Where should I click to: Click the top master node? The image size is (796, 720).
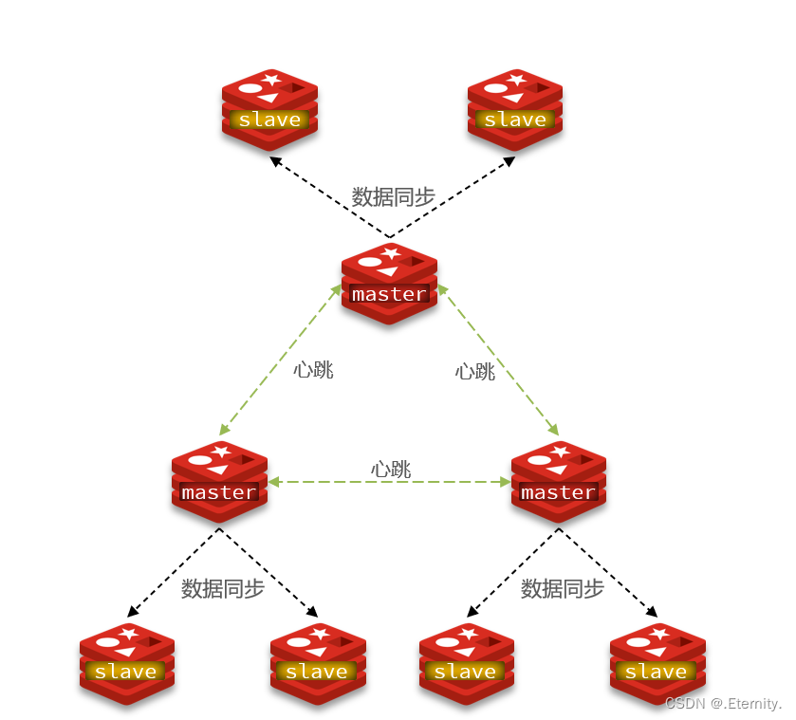pyautogui.click(x=389, y=284)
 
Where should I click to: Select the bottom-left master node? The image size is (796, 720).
pyautogui.click(x=219, y=482)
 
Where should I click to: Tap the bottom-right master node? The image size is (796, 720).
pyautogui.click(x=559, y=482)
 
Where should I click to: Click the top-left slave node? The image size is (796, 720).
pyautogui.click(x=269, y=109)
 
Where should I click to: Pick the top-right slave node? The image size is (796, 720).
pyautogui.click(x=515, y=109)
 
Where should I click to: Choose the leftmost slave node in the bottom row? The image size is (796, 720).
pyautogui.click(x=127, y=662)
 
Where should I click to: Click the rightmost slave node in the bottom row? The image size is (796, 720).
pyautogui.click(x=657, y=662)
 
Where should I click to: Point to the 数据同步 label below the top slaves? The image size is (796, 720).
pyautogui.click(x=393, y=197)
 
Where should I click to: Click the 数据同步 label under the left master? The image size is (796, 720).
pyautogui.click(x=223, y=589)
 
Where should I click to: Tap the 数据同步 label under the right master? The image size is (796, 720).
pyautogui.click(x=563, y=589)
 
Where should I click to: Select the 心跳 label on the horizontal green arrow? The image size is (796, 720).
pyautogui.click(x=390, y=469)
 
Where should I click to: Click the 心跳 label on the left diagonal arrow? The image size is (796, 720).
pyautogui.click(x=313, y=370)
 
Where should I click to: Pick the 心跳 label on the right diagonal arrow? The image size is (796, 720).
pyautogui.click(x=475, y=372)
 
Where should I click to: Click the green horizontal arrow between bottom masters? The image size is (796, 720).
pyautogui.click(x=389, y=483)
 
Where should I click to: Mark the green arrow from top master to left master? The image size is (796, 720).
pyautogui.click(x=281, y=360)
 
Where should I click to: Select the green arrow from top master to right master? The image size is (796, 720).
pyautogui.click(x=499, y=360)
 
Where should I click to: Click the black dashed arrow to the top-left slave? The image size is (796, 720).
pyautogui.click(x=327, y=196)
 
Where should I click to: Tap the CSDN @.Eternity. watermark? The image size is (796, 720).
pyautogui.click(x=723, y=704)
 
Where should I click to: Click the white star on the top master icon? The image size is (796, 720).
pyautogui.click(x=390, y=253)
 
